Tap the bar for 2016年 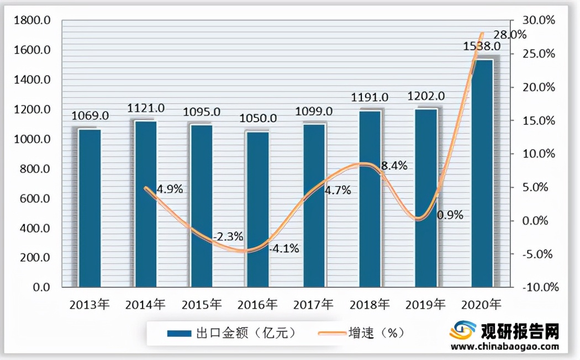click(x=258, y=209)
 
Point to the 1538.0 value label click(x=482, y=46)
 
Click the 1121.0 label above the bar click(x=146, y=108)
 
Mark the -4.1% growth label click(x=284, y=248)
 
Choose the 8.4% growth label click(x=393, y=165)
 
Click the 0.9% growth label click(x=450, y=215)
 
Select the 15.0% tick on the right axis click(x=539, y=120)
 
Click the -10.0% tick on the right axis click(x=538, y=288)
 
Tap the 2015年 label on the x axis click(x=202, y=304)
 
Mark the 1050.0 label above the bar click(x=258, y=119)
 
